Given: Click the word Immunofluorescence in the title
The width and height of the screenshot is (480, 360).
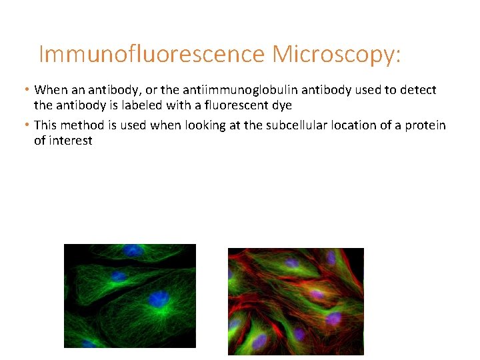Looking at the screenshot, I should pos(151,54).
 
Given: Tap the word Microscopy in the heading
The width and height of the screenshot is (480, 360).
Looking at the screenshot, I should pos(336,54).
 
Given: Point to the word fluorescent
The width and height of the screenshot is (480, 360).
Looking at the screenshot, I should pos(235,105).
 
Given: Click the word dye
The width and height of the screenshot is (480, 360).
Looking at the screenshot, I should pos(281,105).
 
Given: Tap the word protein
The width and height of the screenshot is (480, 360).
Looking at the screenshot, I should pos(425,125).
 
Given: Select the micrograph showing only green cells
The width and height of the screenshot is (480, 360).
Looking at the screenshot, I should pos(130,296).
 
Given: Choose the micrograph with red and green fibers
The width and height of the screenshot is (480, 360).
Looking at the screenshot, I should pos(296,301).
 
